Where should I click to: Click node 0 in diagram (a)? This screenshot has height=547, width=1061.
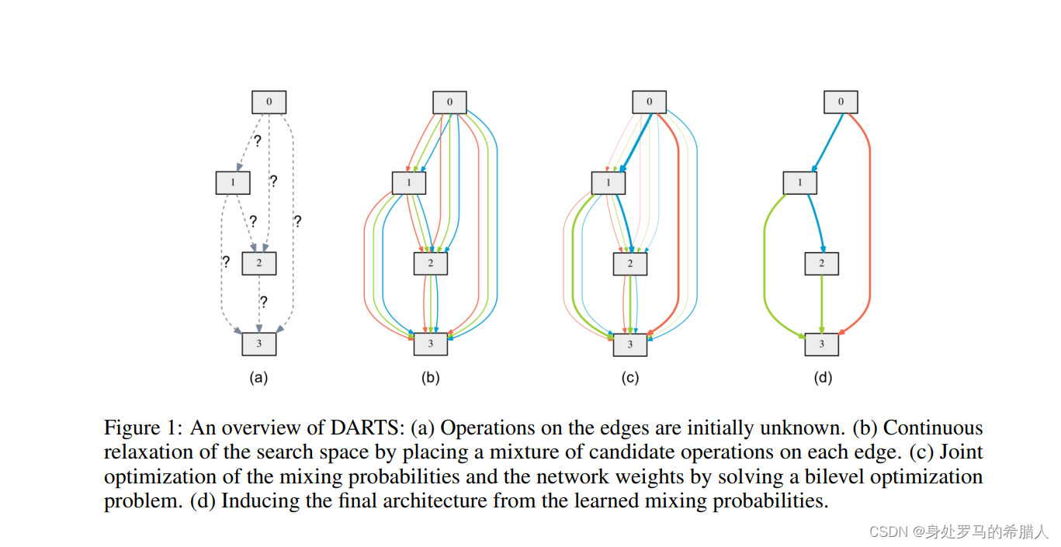pos(269,102)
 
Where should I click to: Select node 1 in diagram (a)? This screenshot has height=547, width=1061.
pos(232,182)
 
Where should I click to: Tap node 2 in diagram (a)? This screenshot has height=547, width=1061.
pos(258,263)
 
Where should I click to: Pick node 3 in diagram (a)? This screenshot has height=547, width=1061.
pos(258,344)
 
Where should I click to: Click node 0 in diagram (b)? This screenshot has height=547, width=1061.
pos(449,102)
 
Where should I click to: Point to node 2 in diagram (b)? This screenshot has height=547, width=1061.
pos(431,264)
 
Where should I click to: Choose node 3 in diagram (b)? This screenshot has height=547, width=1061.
pos(431,344)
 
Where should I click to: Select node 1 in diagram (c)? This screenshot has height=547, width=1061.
pos(609,183)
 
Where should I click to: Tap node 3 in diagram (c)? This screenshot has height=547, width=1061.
pos(629,344)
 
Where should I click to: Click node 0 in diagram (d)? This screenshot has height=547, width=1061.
pos(841,102)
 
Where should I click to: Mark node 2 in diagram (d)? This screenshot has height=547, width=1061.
pos(821,264)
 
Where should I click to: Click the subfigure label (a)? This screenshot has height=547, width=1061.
pos(258,379)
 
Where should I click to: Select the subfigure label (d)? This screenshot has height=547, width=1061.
pos(822,379)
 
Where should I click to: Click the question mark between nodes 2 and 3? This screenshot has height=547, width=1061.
pos(264,302)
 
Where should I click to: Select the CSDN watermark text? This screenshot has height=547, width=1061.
pos(959,531)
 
